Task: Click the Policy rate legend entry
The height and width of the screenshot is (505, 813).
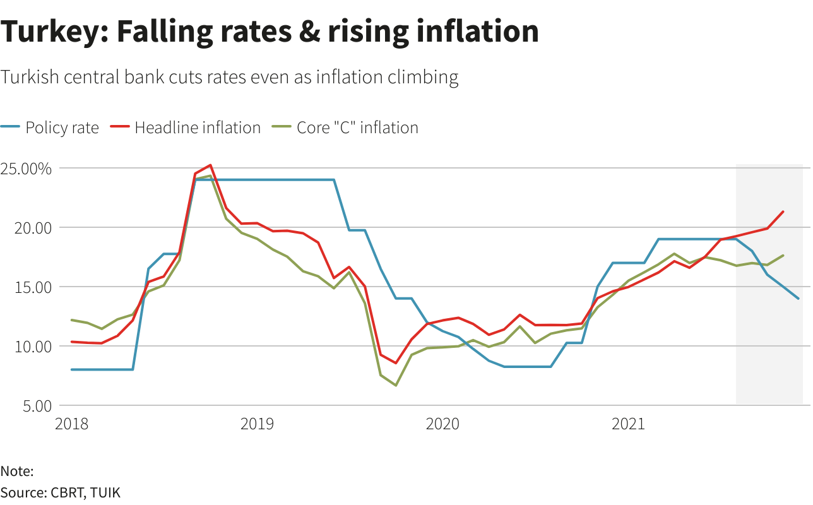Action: [x=61, y=128]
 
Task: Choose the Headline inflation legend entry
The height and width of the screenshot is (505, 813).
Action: [x=197, y=128]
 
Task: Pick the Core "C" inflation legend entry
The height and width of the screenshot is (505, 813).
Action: [x=357, y=128]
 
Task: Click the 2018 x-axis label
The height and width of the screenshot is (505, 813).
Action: [x=72, y=424]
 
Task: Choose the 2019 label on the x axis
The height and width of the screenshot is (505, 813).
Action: [x=257, y=424]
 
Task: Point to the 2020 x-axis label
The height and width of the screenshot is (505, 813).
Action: [x=442, y=424]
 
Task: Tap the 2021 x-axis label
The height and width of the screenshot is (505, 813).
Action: [x=628, y=424]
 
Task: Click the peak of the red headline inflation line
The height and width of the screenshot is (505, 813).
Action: [x=210, y=165]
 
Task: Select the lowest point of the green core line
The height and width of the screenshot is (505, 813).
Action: [x=396, y=385]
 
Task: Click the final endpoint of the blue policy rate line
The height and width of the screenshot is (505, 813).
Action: [x=798, y=299]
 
